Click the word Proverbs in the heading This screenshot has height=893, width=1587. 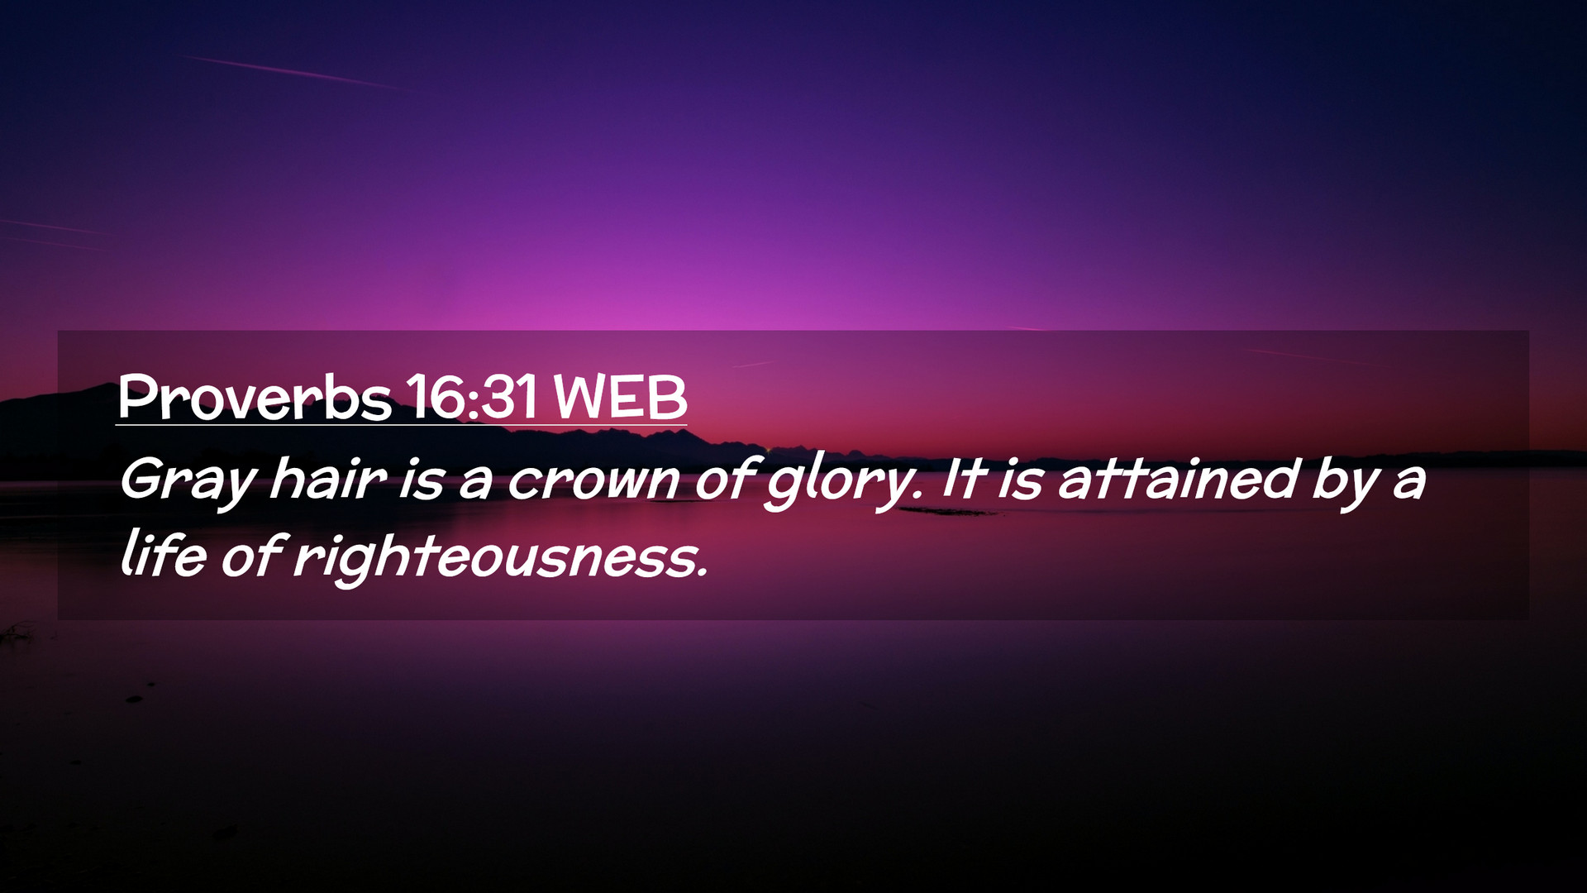point(255,398)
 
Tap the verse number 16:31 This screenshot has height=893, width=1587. point(471,398)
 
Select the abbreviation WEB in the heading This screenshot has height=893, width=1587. point(620,398)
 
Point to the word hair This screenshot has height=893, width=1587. point(327,478)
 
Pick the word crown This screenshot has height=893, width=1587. point(593,480)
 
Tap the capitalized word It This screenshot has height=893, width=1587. point(960,478)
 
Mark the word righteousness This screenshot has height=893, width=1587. point(497,557)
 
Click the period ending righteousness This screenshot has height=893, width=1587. point(703,571)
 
